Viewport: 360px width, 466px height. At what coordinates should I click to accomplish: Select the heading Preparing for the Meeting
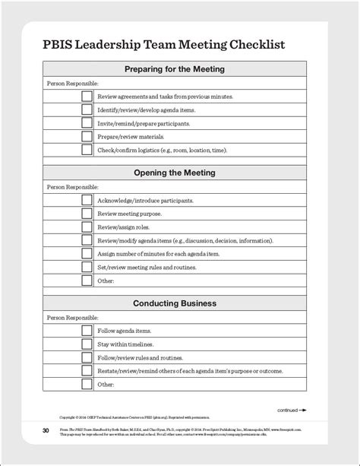point(175,69)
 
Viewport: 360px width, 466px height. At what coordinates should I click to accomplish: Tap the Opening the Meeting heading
point(175,173)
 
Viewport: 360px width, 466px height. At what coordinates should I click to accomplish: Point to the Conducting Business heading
point(175,303)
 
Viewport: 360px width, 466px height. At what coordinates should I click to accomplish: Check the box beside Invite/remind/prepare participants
point(87,123)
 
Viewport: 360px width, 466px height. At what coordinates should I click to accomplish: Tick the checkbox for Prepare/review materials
point(87,137)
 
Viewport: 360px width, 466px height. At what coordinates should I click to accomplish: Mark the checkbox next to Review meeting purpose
point(87,214)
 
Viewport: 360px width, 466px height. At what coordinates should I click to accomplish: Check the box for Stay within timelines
point(87,344)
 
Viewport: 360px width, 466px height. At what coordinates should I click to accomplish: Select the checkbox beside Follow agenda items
point(87,331)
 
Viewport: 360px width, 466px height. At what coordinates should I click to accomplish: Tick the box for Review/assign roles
point(87,227)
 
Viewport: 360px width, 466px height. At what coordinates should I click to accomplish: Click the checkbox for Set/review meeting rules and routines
point(87,267)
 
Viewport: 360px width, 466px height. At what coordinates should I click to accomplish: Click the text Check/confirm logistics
point(162,151)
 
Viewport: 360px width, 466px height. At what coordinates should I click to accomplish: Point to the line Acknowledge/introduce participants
point(144,201)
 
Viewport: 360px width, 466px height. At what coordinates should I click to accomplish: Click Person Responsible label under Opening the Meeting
point(72,187)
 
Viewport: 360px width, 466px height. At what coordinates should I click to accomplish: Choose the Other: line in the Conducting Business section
point(105,384)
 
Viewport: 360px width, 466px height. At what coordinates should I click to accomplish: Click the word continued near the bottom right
point(287,410)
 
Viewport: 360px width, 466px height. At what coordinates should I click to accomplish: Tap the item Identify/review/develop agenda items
point(144,110)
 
